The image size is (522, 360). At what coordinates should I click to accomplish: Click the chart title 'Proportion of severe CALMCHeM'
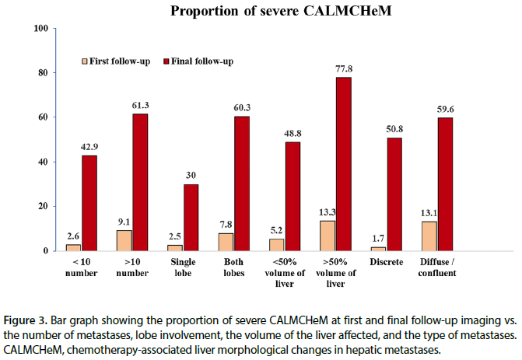point(281,11)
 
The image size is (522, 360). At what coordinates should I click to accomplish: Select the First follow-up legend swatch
point(85,61)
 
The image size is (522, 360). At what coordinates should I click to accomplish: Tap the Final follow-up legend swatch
point(166,61)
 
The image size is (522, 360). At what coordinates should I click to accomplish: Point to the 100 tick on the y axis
point(41,28)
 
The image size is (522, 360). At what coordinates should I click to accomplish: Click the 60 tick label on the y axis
point(44,117)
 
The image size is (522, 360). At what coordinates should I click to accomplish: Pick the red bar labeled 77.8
point(344,164)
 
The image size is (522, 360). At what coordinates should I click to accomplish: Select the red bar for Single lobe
point(191,218)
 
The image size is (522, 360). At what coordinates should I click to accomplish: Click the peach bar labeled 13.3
point(328,236)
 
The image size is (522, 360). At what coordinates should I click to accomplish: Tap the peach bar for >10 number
point(124,240)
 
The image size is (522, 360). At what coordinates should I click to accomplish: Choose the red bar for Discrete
point(394,194)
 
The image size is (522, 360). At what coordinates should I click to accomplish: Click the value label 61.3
point(141,106)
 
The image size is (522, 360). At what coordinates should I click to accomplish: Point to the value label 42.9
point(89,147)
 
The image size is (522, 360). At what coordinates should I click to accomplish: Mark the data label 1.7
point(378,238)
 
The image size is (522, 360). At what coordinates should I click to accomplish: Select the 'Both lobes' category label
point(234,267)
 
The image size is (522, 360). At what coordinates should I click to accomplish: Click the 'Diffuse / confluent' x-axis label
point(437,267)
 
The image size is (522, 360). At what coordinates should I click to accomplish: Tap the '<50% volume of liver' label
point(285,273)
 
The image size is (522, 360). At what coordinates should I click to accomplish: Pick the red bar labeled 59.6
point(446,184)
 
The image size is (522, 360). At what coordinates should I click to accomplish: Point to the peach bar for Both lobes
point(226,243)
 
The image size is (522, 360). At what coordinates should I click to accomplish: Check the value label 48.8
point(293,134)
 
